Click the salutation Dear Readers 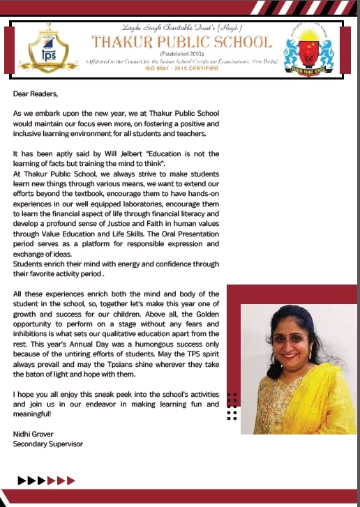coord(34,93)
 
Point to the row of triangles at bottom coord(46,480)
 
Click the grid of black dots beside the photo coord(232,407)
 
